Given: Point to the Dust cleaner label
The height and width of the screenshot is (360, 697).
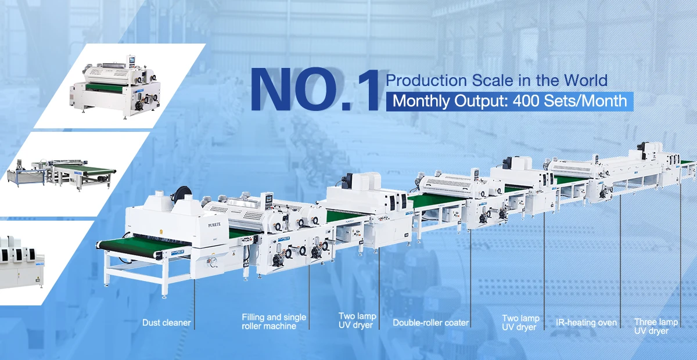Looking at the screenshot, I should tap(167, 322).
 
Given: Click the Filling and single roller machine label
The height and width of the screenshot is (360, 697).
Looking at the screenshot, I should tap(274, 322).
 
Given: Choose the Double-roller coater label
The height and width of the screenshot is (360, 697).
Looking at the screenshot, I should tap(430, 322).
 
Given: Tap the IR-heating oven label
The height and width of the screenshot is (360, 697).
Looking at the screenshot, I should tap(587, 322).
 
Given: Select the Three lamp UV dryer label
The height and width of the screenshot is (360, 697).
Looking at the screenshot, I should tap(656, 326).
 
